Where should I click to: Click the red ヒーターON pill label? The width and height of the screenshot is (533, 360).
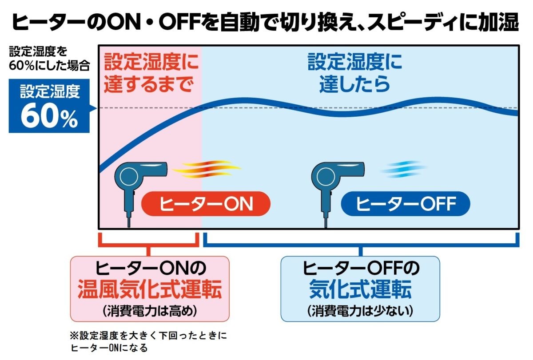click(206, 204)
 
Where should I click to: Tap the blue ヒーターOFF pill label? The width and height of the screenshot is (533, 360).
click(406, 204)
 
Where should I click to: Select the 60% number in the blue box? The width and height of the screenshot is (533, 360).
click(49, 116)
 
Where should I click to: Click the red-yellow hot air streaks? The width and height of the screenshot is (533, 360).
click(206, 169)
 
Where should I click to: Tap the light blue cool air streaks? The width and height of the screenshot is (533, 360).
click(404, 169)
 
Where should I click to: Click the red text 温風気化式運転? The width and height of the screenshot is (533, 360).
click(150, 289)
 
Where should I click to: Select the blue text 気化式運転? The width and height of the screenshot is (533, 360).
click(360, 289)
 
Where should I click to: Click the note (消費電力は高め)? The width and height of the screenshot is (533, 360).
click(150, 311)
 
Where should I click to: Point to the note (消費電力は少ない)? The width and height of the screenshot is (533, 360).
click(360, 311)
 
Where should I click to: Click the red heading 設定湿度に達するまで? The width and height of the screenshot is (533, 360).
click(151, 72)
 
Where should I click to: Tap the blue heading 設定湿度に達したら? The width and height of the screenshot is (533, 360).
click(355, 72)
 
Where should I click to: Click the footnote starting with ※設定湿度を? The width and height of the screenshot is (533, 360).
click(148, 342)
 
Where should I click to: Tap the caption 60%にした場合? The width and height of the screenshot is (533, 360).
click(49, 66)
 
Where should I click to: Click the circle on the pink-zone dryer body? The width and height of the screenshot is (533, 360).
click(129, 176)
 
